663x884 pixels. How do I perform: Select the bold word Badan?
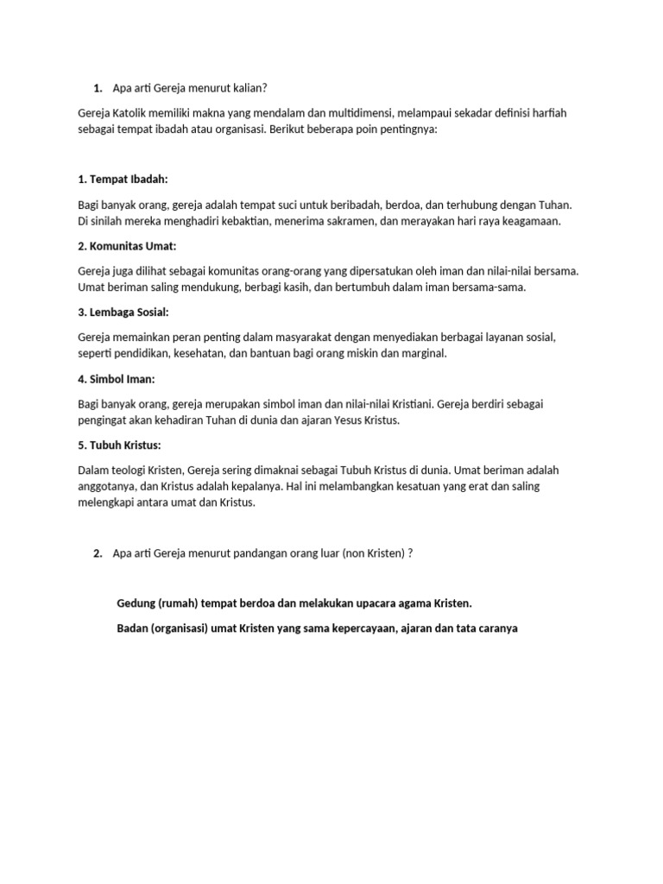pyautogui.click(x=133, y=628)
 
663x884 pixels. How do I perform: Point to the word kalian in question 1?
pyautogui.click(x=258, y=88)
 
